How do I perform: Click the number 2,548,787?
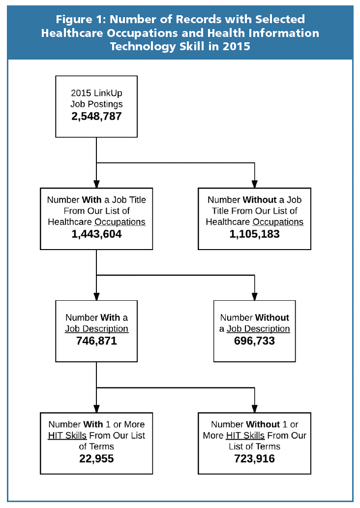pyautogui.click(x=96, y=116)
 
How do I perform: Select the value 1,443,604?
pyautogui.click(x=96, y=234)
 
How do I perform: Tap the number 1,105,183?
pyautogui.click(x=254, y=234)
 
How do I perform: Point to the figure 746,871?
pyautogui.click(x=96, y=341)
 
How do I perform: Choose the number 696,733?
pyautogui.click(x=254, y=341)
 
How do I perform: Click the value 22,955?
pyautogui.click(x=96, y=459)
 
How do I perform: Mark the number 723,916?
pyautogui.click(x=254, y=459)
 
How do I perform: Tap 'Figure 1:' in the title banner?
pyautogui.click(x=81, y=19)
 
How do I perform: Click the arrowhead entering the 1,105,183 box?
pyautogui.click(x=254, y=184)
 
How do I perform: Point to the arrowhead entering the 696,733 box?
pyautogui.click(x=254, y=296)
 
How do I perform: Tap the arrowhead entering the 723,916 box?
pyautogui.click(x=254, y=409)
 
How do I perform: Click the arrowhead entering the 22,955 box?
pyautogui.click(x=96, y=409)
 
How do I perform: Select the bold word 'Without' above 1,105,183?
pyautogui.click(x=260, y=200)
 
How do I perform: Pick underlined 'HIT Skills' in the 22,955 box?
pyautogui.click(x=67, y=436)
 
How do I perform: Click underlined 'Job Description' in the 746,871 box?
pyautogui.click(x=97, y=329)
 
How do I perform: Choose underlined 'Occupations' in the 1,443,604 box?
pyautogui.click(x=120, y=222)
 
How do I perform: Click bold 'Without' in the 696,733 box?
pyautogui.click(x=272, y=317)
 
